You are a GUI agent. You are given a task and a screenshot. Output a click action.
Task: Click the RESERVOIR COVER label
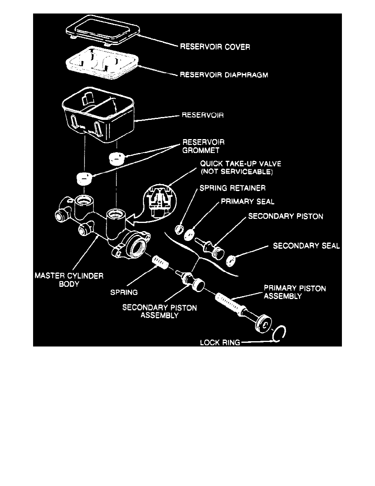pos(215,47)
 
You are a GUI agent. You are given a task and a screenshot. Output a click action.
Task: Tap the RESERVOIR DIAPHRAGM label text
pos(223,75)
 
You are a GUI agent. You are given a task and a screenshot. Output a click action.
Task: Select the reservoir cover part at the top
pos(103,31)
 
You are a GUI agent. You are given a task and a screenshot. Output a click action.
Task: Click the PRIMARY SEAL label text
pos(248,202)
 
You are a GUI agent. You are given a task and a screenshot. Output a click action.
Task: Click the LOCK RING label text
pos(220,342)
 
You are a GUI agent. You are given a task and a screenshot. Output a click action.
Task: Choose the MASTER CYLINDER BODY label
pos(68,280)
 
